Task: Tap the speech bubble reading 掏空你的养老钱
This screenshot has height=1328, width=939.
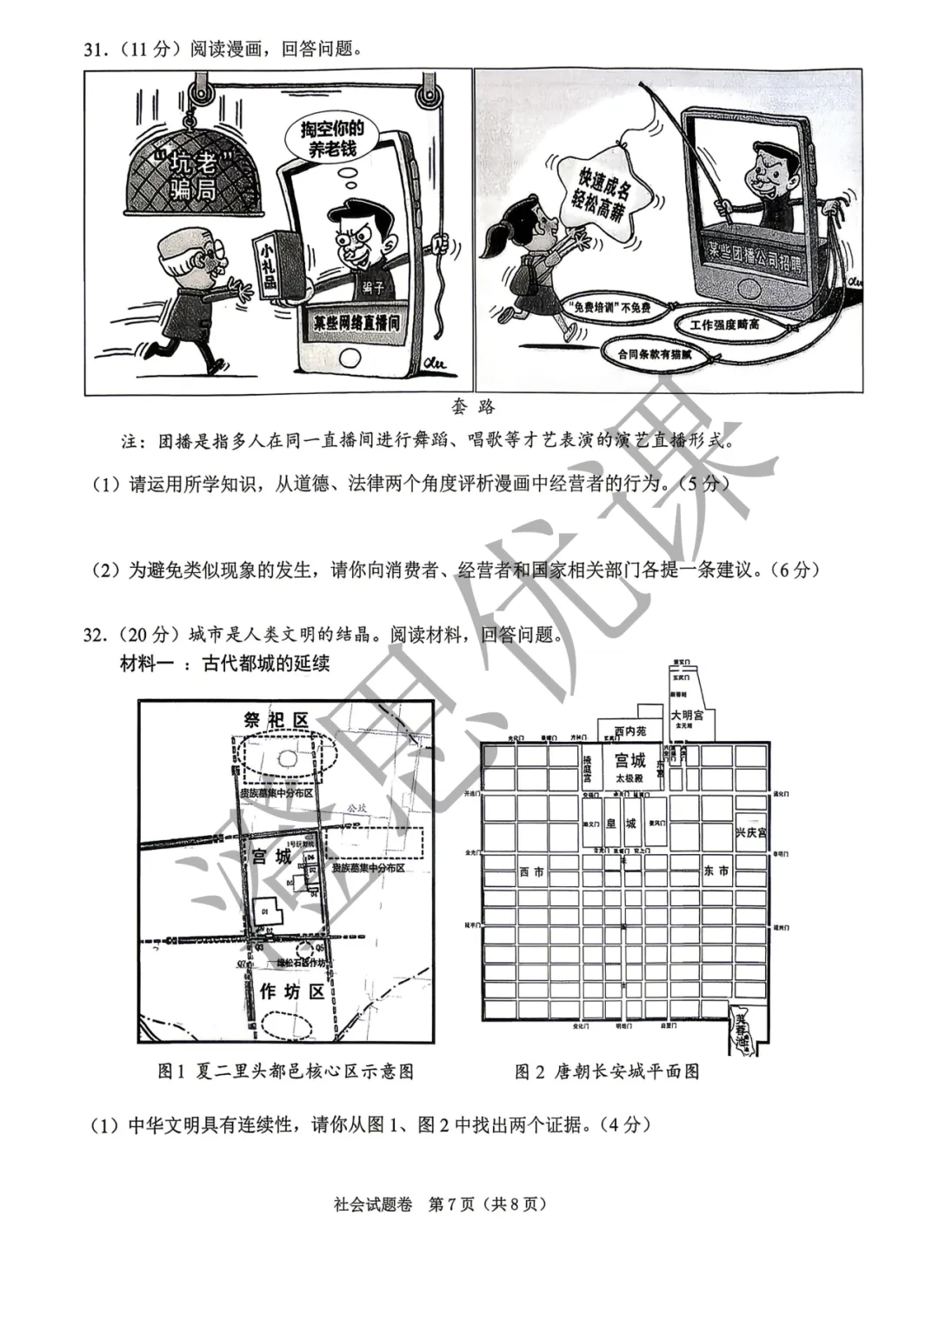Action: tap(332, 140)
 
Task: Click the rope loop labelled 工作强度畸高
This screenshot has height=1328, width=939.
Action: tap(725, 324)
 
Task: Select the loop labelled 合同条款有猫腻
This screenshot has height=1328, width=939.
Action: tap(655, 354)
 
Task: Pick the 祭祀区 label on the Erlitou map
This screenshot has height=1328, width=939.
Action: tap(276, 720)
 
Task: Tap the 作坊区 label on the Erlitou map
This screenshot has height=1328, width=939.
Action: tap(292, 991)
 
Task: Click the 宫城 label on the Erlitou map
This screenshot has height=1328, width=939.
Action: tap(270, 857)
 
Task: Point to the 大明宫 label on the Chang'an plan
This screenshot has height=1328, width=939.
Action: tap(687, 715)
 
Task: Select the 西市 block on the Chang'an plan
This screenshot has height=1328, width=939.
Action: tap(531, 871)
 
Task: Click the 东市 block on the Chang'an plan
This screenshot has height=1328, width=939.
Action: tap(717, 871)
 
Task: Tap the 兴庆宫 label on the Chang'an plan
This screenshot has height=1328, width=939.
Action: tap(750, 832)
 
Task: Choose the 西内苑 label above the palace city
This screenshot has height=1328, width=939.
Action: tap(630, 731)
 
